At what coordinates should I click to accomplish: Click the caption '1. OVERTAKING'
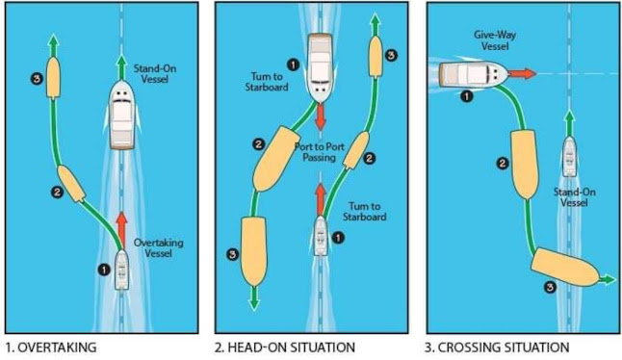[x=52, y=347]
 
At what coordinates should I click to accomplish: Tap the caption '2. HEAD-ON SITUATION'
[x=285, y=347]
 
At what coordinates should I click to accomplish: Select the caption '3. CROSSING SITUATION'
[x=497, y=347]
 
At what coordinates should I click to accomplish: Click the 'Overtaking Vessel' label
[x=158, y=247]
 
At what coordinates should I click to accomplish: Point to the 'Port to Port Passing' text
[x=320, y=152]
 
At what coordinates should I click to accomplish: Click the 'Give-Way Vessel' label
[x=495, y=40]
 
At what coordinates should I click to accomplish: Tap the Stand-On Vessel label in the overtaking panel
[x=155, y=74]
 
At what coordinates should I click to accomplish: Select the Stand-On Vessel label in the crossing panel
[x=575, y=197]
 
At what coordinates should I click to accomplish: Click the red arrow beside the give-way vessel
[x=523, y=74]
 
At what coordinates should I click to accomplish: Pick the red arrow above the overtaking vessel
[x=121, y=230]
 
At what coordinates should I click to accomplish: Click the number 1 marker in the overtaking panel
[x=104, y=270]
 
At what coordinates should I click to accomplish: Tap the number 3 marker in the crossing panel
[x=550, y=287]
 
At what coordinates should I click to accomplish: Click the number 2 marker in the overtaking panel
[x=57, y=193]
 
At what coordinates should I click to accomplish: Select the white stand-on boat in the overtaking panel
[x=121, y=115]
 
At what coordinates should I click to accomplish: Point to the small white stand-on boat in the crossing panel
[x=570, y=156]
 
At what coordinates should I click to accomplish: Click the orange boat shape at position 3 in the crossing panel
[x=565, y=267]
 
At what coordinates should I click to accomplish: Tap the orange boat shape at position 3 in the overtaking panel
[x=53, y=77]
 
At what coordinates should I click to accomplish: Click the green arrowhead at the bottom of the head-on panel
[x=254, y=303]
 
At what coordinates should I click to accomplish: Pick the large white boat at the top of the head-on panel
[x=320, y=68]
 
